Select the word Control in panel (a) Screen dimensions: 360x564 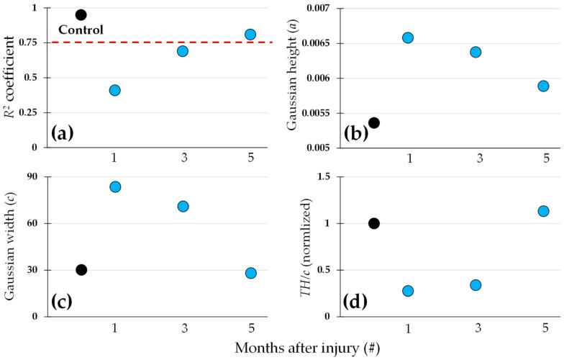81,30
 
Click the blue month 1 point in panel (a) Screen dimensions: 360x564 114,90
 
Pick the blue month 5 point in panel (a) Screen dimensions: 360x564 250,34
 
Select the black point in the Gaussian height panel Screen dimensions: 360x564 373,122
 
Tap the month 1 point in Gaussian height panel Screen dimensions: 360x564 408,37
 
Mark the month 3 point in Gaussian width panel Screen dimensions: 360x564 183,206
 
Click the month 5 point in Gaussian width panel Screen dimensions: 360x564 250,273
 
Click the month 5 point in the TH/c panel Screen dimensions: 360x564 543,211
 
